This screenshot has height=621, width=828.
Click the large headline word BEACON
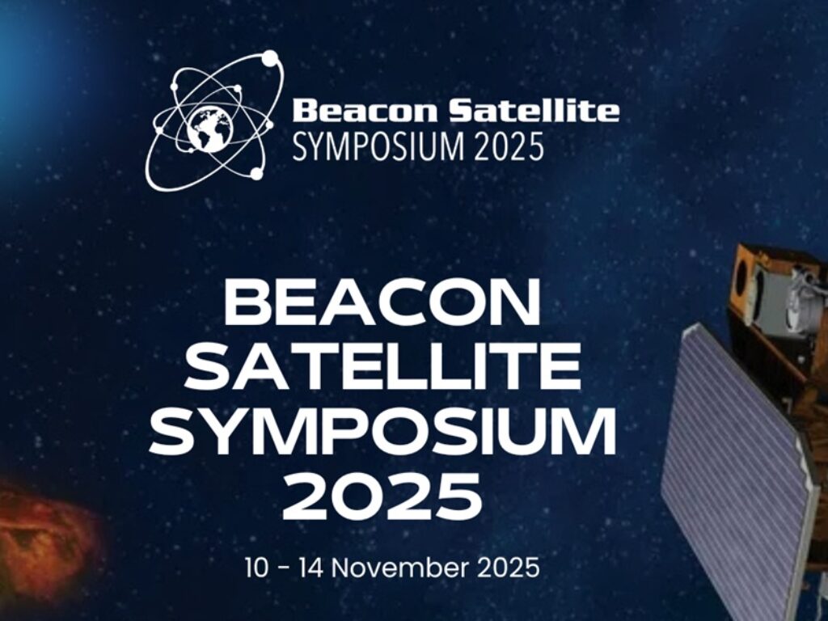tap(382, 303)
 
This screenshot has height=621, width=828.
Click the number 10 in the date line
tap(258, 568)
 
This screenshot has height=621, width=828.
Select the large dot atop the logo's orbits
tap(270, 57)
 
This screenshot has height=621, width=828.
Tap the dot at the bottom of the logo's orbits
tap(256, 173)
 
